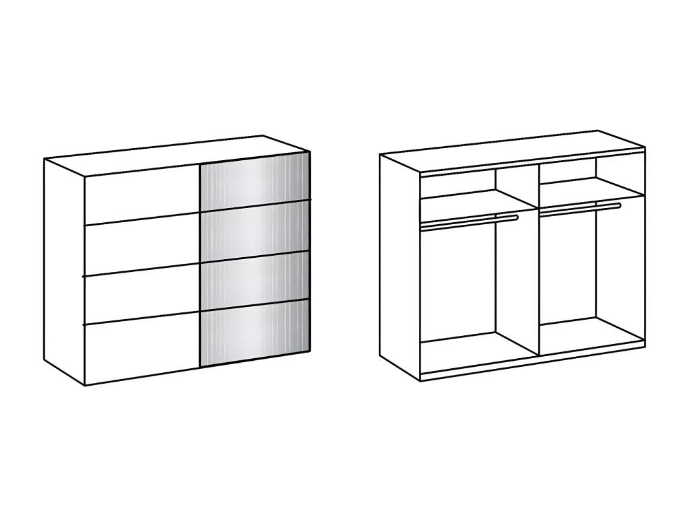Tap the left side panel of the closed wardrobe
65,269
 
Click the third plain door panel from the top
141,296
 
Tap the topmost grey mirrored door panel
256,180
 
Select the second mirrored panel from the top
256,232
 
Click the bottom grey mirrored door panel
256,334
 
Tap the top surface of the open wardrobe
511,151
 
